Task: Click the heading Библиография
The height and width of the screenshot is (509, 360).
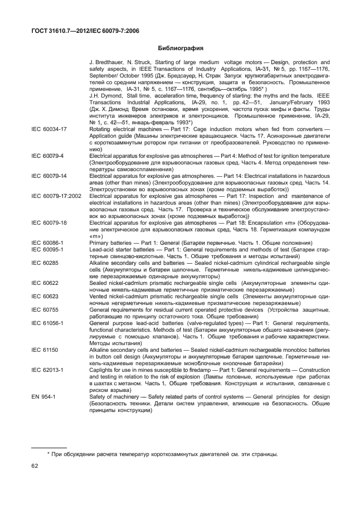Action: click(x=179, y=48)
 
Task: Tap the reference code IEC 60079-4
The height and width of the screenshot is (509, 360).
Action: click(x=47, y=153)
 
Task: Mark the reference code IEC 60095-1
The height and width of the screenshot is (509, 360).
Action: click(x=47, y=250)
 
